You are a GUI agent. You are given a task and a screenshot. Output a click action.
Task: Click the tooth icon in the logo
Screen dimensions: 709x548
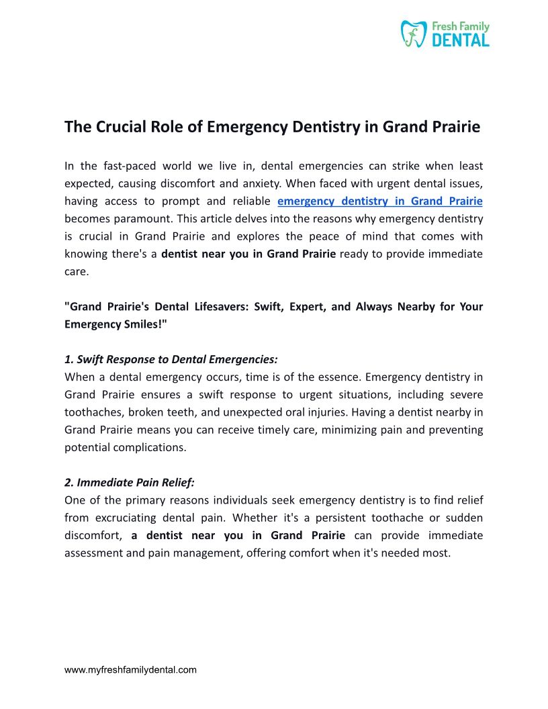click(414, 34)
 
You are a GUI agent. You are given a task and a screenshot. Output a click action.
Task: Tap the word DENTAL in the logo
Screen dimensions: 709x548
click(460, 40)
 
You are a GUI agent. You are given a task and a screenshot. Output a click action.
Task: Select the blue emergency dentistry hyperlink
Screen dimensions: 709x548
click(379, 200)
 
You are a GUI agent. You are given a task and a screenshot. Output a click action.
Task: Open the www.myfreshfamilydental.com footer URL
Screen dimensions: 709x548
click(130, 669)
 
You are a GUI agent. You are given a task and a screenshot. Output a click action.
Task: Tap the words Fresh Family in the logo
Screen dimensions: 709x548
click(460, 27)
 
